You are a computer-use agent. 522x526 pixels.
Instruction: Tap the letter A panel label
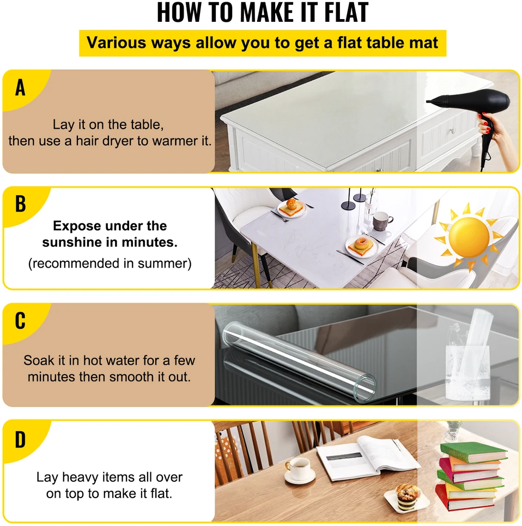(x=20, y=88)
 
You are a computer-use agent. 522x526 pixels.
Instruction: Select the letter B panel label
(x=21, y=204)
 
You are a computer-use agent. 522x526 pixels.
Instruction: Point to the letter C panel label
(x=20, y=321)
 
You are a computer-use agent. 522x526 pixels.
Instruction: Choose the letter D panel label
(x=20, y=439)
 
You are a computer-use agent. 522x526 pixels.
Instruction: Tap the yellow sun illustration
(x=469, y=237)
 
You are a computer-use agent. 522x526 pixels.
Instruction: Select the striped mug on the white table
(x=381, y=221)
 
